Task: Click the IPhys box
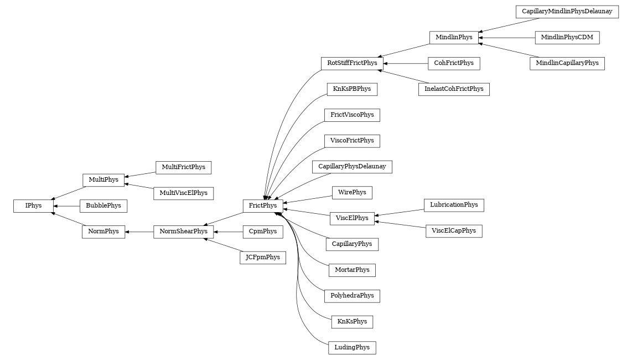(x=33, y=206)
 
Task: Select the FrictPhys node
(x=263, y=206)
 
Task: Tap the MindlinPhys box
(x=454, y=38)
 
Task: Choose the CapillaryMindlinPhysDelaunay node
(x=567, y=12)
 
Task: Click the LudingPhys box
(x=352, y=348)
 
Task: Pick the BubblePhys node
(x=103, y=206)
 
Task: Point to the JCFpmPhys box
(x=262, y=258)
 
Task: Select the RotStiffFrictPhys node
(x=352, y=63)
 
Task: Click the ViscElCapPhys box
(x=454, y=231)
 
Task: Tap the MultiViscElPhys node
(x=183, y=193)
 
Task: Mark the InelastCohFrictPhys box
(x=454, y=89)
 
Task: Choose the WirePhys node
(x=352, y=193)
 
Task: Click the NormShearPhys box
(x=184, y=232)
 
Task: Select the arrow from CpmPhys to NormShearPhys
(x=228, y=232)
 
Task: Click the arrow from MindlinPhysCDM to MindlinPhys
(x=506, y=38)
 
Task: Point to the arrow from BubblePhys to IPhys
(x=66, y=206)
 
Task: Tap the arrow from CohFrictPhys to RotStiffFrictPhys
(x=406, y=64)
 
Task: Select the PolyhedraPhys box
(x=352, y=296)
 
